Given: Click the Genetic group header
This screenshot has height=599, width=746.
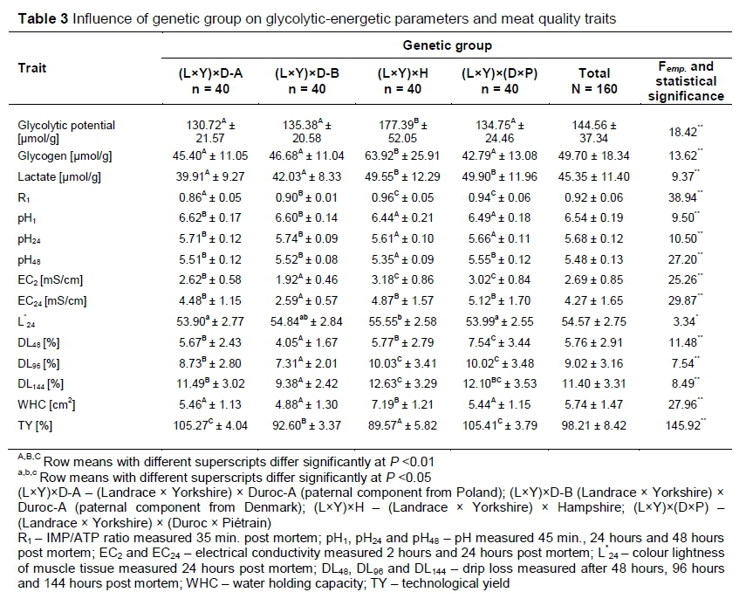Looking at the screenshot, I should pos(447,45).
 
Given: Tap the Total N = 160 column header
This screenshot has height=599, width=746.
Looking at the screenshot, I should pos(595,80).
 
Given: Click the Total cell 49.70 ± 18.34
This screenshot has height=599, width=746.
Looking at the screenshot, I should pos(595,155).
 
